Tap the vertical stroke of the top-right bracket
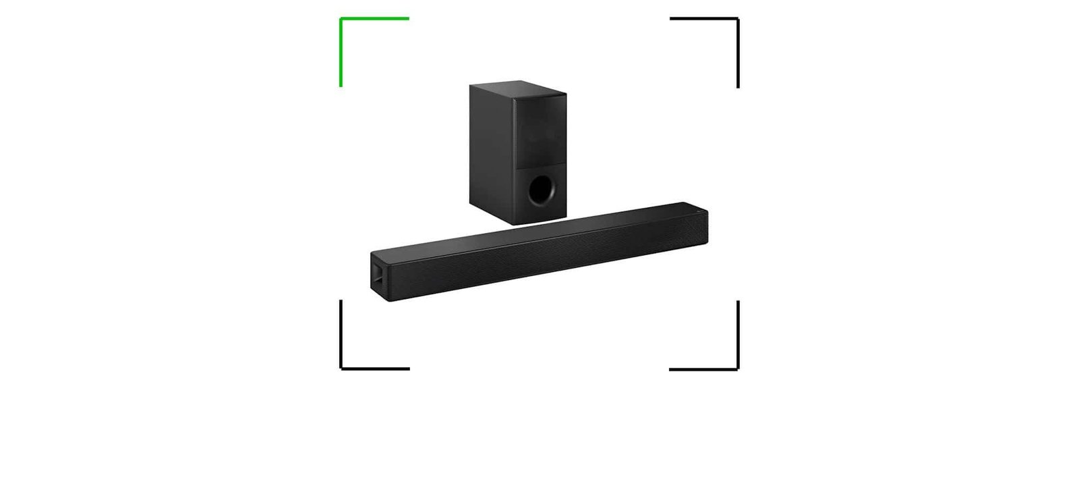(x=738, y=54)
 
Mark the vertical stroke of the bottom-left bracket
(x=341, y=334)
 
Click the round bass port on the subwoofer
(x=542, y=190)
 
